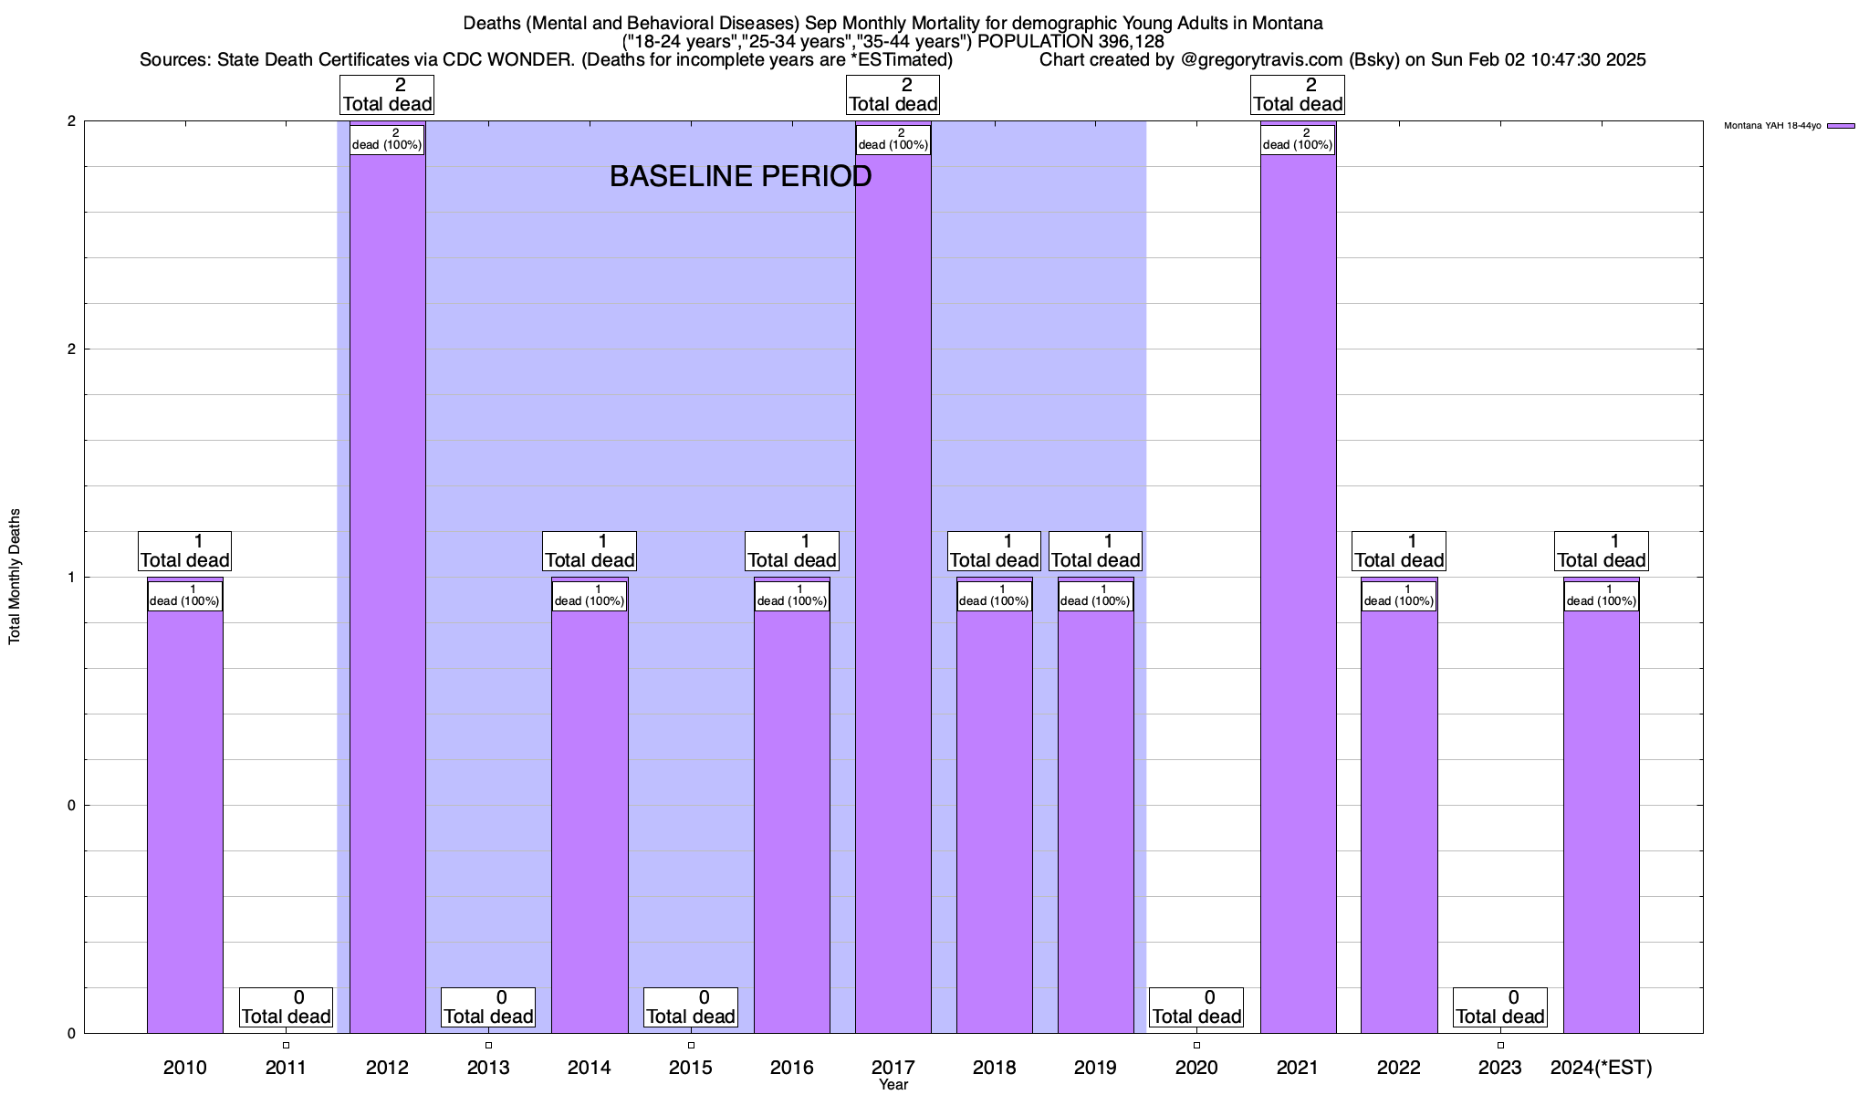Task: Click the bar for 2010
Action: tap(184, 821)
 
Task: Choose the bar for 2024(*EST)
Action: tap(1601, 821)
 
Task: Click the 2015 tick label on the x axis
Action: tap(691, 1068)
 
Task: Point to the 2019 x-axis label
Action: tap(1095, 1068)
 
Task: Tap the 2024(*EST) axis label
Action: tap(1601, 1068)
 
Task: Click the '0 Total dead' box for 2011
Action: tap(286, 1007)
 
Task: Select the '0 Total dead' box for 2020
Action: tap(1196, 1007)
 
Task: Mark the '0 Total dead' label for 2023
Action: tap(1499, 1007)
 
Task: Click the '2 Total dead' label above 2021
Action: tap(1298, 95)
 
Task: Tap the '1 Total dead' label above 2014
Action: tap(590, 551)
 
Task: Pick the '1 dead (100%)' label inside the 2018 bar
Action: tap(994, 596)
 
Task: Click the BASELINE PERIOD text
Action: tap(740, 176)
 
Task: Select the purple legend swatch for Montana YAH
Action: tap(1841, 126)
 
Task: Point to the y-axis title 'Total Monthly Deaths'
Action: tap(15, 577)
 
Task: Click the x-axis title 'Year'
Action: tap(893, 1085)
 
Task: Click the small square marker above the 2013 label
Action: tap(488, 1046)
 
